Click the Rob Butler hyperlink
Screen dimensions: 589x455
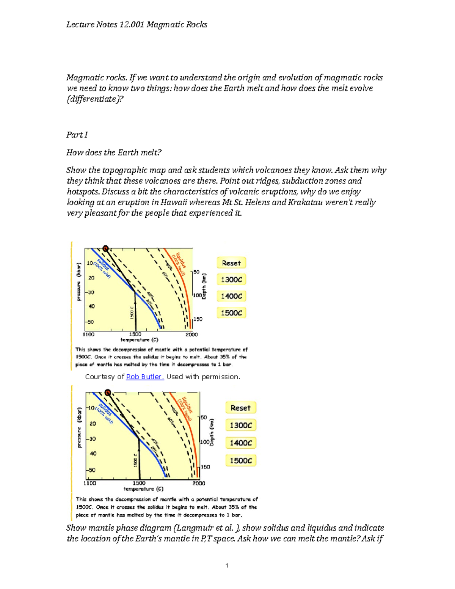coord(144,377)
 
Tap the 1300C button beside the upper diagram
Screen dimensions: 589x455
coord(231,280)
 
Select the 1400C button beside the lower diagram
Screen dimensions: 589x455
coord(241,443)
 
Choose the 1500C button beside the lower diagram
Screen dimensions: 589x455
coord(241,460)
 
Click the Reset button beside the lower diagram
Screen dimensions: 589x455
coord(241,408)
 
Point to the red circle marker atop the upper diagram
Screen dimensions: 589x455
coord(105,248)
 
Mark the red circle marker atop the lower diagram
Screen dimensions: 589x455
coord(108,393)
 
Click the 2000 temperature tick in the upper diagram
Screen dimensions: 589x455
coord(191,334)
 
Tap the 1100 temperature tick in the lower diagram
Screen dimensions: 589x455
coord(90,483)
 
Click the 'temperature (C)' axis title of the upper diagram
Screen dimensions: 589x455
coord(139,340)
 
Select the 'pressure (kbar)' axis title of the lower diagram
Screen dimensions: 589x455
coord(79,427)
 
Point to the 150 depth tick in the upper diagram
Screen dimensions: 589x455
coord(198,319)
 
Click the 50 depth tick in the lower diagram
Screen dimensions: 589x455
coord(204,417)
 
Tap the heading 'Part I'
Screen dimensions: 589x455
coord(77,135)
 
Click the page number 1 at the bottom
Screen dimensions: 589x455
coord(227,565)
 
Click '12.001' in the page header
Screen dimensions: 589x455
coord(132,25)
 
